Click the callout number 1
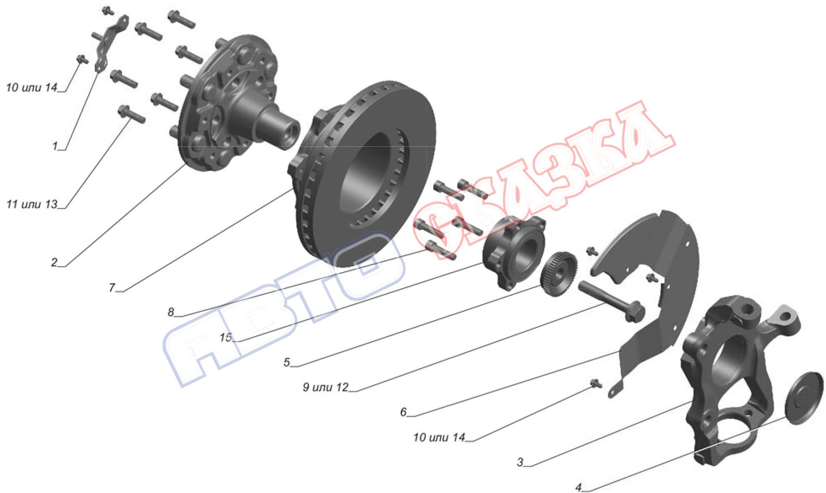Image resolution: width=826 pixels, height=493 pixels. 55,146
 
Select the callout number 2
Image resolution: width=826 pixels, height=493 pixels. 54,262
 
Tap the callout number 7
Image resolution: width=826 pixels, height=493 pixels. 112,287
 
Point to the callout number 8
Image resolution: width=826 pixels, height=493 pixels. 171,312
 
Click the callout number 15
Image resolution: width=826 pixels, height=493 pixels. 225,337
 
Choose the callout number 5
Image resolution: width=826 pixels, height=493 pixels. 287,362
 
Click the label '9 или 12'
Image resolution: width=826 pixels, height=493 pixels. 326,387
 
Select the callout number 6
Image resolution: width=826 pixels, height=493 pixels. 403,412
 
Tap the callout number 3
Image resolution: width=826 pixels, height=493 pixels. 520,462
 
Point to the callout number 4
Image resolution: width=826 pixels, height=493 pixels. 579,487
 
